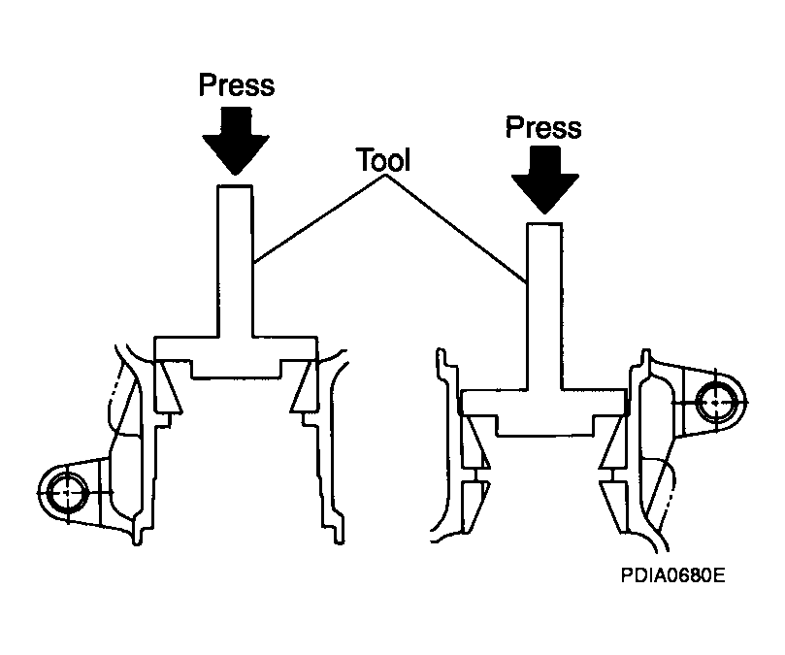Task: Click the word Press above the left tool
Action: pos(237,84)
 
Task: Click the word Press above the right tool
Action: pos(543,127)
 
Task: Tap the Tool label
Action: pos(384,160)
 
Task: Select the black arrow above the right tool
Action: pos(544,180)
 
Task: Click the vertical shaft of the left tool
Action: pos(235,261)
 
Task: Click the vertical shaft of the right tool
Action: pos(544,307)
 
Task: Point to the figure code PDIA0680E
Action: pos(672,575)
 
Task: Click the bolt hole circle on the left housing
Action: pos(68,493)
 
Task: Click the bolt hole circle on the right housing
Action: pos(716,402)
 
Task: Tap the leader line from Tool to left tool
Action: pos(319,219)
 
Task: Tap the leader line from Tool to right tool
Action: pos(456,228)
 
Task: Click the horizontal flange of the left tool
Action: pos(235,348)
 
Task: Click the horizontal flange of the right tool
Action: pos(543,402)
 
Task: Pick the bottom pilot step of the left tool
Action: pos(236,369)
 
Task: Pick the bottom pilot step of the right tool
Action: pos(544,426)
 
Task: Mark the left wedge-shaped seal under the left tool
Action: pos(167,386)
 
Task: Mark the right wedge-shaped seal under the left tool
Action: pos(305,386)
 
